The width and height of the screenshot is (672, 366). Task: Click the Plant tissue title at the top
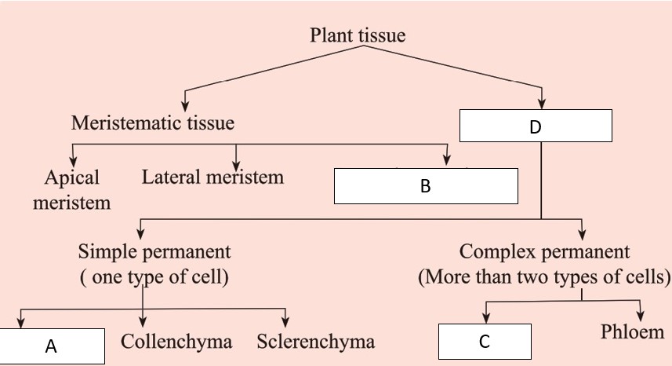(358, 35)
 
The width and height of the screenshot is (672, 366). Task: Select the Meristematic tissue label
(153, 123)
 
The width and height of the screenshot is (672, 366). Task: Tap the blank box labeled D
(535, 126)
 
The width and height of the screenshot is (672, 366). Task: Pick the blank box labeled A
(52, 346)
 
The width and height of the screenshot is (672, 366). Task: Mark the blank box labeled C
(484, 342)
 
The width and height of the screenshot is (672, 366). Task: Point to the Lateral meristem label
(212, 177)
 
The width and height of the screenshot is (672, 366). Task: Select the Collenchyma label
(177, 342)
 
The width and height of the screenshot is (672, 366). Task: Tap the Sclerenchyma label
(315, 342)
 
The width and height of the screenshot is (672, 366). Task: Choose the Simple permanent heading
(154, 252)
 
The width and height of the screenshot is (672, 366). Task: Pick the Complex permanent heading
(544, 252)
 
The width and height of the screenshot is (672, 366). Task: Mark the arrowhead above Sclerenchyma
(285, 321)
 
